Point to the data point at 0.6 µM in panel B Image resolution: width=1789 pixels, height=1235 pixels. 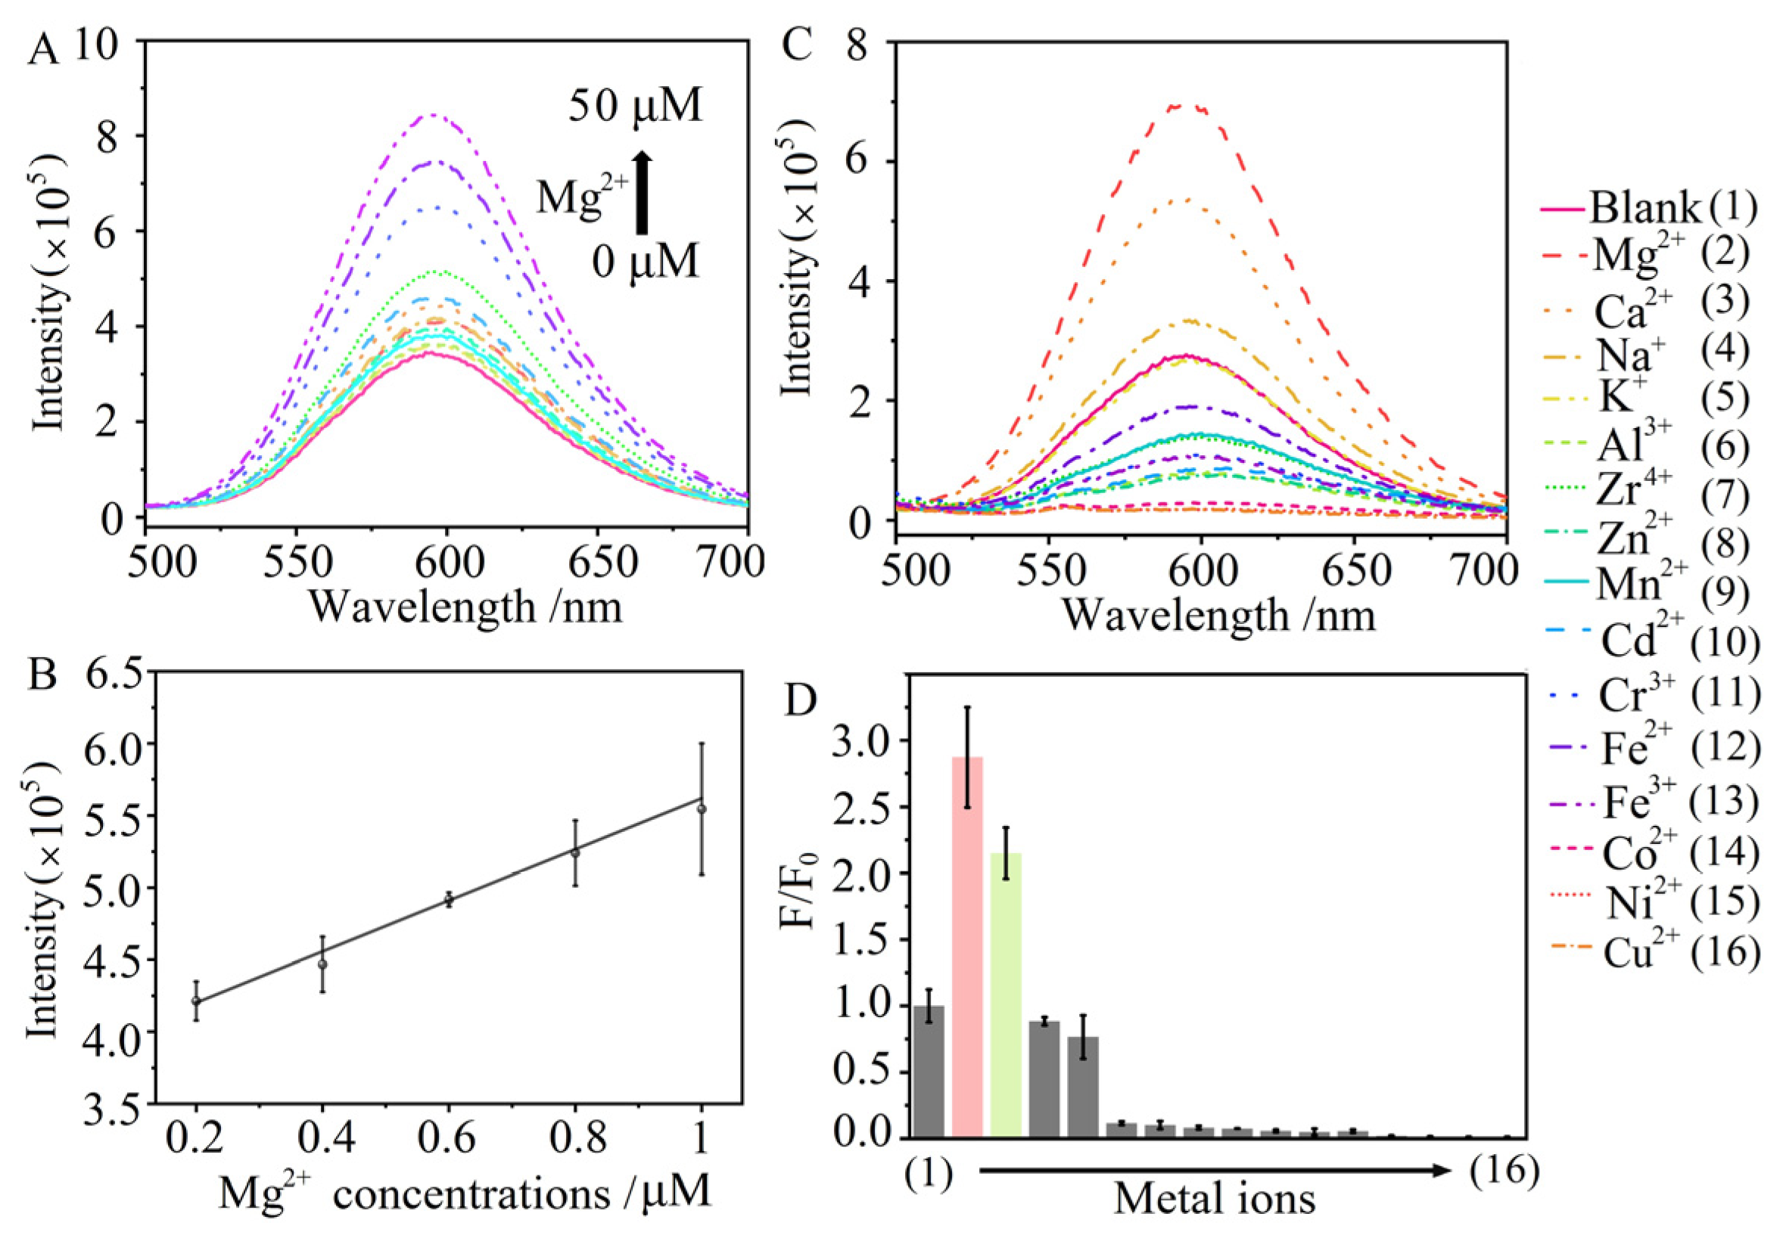click(x=449, y=899)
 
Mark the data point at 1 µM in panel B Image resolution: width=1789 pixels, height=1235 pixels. click(x=702, y=809)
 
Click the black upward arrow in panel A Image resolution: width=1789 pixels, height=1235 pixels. click(x=642, y=192)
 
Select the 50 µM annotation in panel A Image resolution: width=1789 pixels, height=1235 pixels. click(x=636, y=107)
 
